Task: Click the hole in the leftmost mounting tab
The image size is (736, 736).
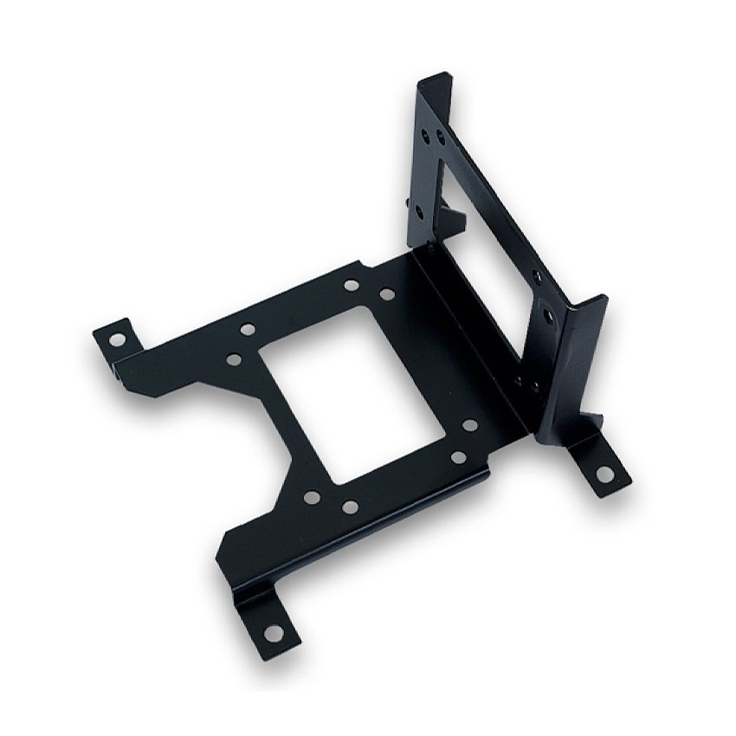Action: pyautogui.click(x=116, y=339)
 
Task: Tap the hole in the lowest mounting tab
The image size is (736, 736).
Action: pyautogui.click(x=274, y=634)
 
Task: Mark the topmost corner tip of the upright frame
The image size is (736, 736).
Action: pyautogui.click(x=422, y=79)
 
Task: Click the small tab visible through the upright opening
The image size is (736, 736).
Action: pyautogui.click(x=455, y=213)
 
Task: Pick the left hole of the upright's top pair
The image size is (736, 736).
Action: pyautogui.click(x=423, y=137)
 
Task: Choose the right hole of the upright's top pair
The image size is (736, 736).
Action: pyautogui.click(x=441, y=137)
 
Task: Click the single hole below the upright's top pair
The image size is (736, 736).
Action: pyautogui.click(x=419, y=210)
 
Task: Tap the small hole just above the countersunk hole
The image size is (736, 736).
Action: pyautogui.click(x=538, y=277)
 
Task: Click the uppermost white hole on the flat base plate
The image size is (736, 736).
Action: pyautogui.click(x=351, y=285)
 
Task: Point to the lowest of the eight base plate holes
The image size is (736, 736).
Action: pyautogui.click(x=349, y=507)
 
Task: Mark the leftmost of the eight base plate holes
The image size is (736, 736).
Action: pyautogui.click(x=234, y=358)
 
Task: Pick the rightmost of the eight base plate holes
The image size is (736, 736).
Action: pyautogui.click(x=469, y=425)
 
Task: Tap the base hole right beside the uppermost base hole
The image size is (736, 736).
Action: pyautogui.click(x=386, y=294)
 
